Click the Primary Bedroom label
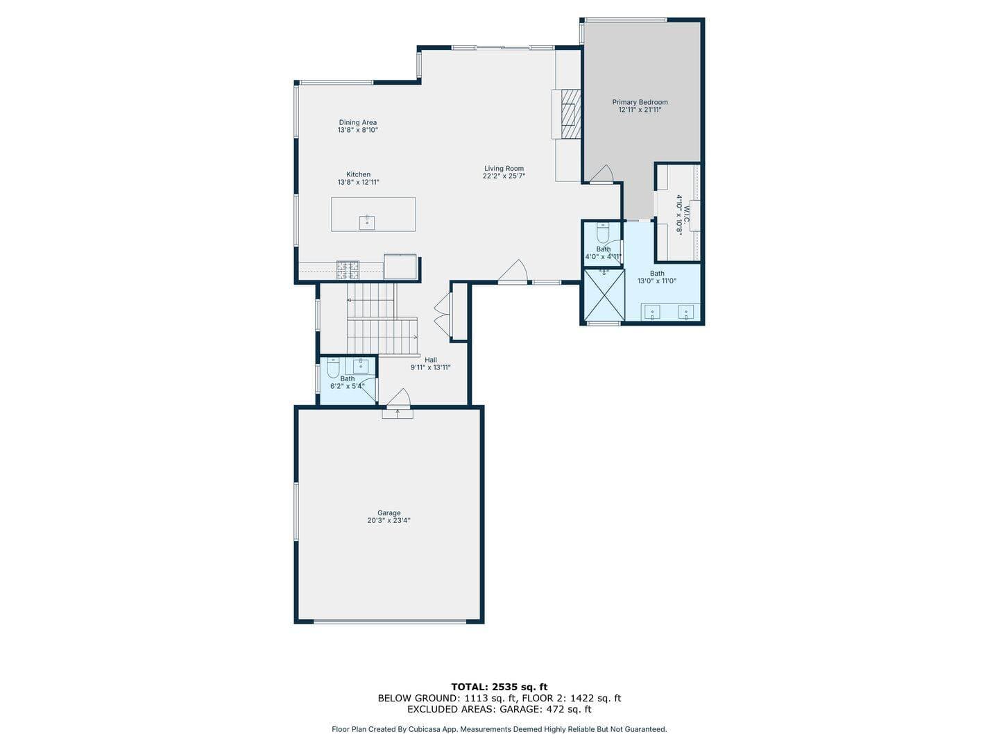(x=640, y=102)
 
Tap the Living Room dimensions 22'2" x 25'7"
(x=504, y=176)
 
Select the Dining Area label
(x=358, y=122)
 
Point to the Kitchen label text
(x=358, y=174)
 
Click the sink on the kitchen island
(x=367, y=223)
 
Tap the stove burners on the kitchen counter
(x=348, y=269)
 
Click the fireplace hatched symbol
(x=571, y=114)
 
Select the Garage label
(x=388, y=512)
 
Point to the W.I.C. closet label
(x=686, y=215)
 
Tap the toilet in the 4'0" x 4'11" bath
(x=603, y=234)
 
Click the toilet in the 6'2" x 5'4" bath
(x=333, y=368)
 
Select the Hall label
(x=431, y=360)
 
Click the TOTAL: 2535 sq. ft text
(x=499, y=687)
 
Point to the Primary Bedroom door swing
(x=601, y=174)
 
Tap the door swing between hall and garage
(x=399, y=397)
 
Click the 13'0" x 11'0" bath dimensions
(x=657, y=281)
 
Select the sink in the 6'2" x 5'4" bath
(x=361, y=366)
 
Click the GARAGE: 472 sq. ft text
(x=546, y=709)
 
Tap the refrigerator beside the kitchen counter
(x=400, y=267)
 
